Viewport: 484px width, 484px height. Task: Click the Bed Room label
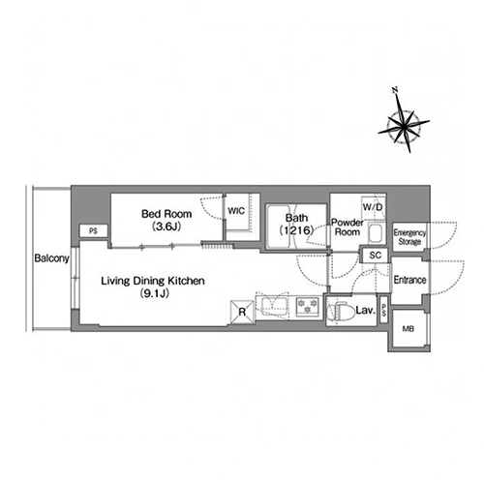pos(166,214)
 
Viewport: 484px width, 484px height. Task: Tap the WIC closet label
pos(236,211)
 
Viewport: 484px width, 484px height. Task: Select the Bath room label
pos(296,218)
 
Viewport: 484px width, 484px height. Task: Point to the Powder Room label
pos(348,227)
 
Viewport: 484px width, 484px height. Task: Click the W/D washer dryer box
pos(373,207)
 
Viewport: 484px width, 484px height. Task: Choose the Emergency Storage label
pos(409,237)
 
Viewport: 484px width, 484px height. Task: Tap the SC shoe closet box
pos(376,256)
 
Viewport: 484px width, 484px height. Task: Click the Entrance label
pos(409,280)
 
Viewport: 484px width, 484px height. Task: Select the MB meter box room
pos(408,329)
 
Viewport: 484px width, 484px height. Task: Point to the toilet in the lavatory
pos(338,312)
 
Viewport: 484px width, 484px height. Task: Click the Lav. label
pos(365,311)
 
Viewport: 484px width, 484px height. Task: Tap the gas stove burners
pos(308,306)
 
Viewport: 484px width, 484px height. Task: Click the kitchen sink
pos(273,306)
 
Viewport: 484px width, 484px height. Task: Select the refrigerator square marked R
pos(242,312)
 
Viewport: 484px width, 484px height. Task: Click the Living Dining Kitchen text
pos(153,281)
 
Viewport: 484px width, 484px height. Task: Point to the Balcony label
pos(51,258)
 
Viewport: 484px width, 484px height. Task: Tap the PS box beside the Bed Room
pos(94,231)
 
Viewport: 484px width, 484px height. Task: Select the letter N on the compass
pos(395,90)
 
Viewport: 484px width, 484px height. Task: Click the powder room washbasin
pos(376,233)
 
